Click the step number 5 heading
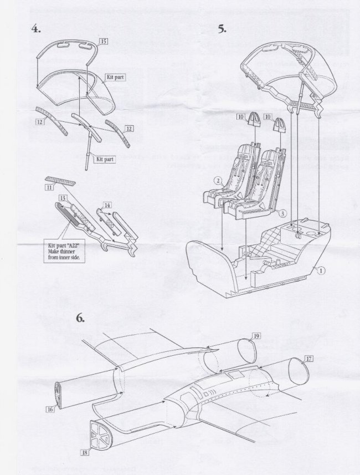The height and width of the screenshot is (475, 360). [222, 29]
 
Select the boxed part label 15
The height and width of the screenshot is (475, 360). [104, 41]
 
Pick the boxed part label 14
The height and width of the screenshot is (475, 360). [107, 205]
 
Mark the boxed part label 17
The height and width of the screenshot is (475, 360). [308, 359]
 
